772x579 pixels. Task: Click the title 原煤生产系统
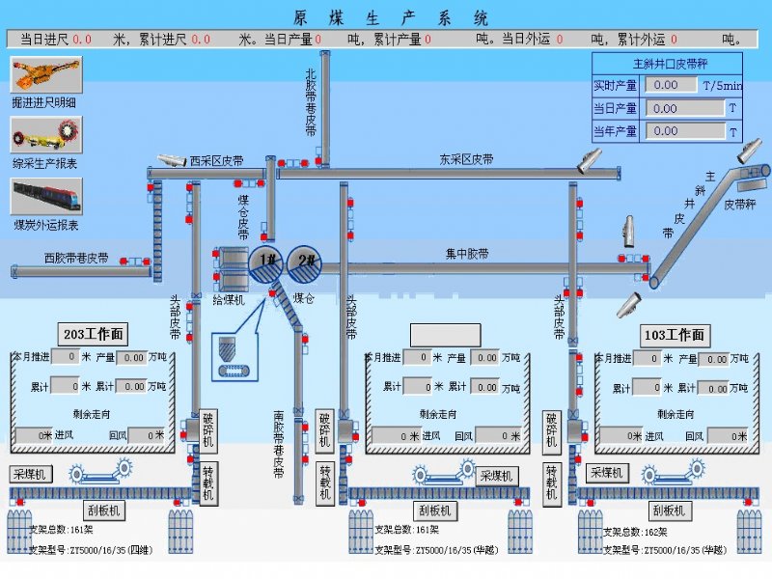click(391, 18)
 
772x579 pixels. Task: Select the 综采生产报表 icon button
click(45, 134)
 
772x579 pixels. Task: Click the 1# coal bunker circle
click(267, 262)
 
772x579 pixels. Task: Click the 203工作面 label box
click(93, 335)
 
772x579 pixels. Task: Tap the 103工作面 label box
click(675, 335)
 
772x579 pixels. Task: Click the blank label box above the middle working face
click(445, 335)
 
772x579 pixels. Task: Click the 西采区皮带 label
click(216, 160)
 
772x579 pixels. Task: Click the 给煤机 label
click(229, 300)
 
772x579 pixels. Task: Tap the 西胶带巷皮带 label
click(76, 259)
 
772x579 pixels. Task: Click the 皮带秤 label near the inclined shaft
click(739, 205)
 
